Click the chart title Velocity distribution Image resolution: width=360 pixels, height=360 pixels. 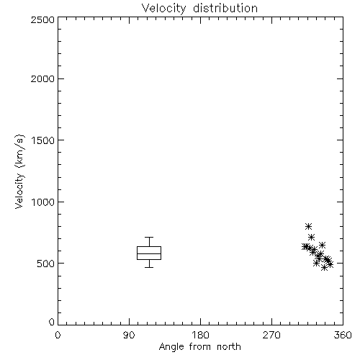point(199,9)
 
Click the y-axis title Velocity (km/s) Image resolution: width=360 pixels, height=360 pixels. point(19,171)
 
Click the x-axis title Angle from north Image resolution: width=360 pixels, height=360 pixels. point(199,347)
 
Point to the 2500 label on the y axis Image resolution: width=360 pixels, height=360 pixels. point(42,19)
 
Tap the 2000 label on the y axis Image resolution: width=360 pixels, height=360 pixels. point(42,78)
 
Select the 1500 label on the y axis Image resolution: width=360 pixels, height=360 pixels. point(43,140)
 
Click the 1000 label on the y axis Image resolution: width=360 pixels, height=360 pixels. point(43,202)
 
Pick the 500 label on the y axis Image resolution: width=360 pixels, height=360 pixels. point(46,264)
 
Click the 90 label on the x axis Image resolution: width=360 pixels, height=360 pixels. point(129,335)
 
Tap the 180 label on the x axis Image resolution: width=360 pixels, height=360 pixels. point(200,335)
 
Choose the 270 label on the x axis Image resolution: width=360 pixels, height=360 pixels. point(271,335)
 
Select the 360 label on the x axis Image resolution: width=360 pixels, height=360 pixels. point(343,335)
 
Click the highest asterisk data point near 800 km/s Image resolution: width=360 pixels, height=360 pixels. point(308,226)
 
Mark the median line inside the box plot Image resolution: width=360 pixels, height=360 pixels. point(149,253)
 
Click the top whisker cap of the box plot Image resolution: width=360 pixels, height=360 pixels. point(149,238)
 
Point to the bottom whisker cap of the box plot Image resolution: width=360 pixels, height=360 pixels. point(149,267)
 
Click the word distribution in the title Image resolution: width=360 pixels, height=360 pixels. point(225,9)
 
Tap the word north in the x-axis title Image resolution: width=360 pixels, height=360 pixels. point(229,347)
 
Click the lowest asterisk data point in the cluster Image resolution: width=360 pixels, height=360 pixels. point(324,268)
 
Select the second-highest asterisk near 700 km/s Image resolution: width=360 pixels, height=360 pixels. point(311,238)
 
